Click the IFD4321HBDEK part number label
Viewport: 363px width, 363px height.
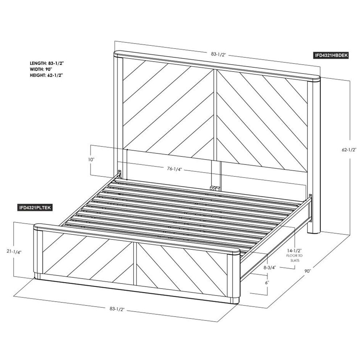pyautogui.click(x=330, y=55)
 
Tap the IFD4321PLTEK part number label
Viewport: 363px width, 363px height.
pyautogui.click(x=34, y=208)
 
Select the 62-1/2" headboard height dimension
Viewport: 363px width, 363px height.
pyautogui.click(x=349, y=150)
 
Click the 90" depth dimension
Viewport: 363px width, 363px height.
pyautogui.click(x=307, y=271)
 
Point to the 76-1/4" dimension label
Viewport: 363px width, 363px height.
pyautogui.click(x=174, y=169)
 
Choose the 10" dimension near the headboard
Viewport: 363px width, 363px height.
pyautogui.click(x=91, y=159)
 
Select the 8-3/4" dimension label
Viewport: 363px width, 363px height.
pyautogui.click(x=270, y=268)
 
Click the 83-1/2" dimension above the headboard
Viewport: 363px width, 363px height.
pyautogui.click(x=218, y=54)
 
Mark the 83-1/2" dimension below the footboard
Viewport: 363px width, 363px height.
pyautogui.click(x=117, y=309)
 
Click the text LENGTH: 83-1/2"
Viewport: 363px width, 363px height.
pyautogui.click(x=47, y=63)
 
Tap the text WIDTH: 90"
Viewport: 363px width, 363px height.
pyautogui.click(x=41, y=69)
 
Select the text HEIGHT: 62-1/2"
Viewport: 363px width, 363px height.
pyautogui.click(x=46, y=75)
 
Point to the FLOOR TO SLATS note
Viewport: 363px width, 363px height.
pyautogui.click(x=295, y=258)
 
